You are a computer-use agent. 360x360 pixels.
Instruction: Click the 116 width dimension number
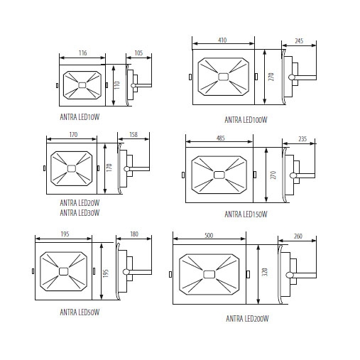83,53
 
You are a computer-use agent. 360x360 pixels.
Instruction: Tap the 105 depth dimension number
138,53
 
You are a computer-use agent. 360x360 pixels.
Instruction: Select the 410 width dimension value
222,40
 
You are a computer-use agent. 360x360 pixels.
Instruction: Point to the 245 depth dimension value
299,40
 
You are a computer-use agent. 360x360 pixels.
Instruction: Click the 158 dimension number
133,134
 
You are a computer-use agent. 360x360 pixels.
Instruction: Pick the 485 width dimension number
221,138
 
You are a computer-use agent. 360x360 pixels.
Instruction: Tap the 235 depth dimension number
302,138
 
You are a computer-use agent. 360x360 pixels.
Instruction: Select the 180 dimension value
134,234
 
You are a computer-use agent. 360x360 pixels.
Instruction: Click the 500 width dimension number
209,235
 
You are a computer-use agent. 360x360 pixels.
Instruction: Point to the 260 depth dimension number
298,236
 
